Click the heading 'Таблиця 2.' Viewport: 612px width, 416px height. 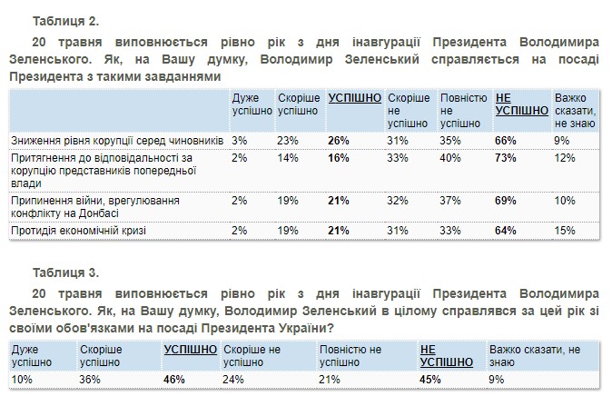click(x=64, y=19)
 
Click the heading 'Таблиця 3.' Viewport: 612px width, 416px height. click(x=64, y=272)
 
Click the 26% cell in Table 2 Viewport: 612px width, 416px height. click(x=338, y=141)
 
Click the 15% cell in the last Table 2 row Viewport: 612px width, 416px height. click(x=565, y=232)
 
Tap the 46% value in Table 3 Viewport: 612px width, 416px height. click(x=173, y=378)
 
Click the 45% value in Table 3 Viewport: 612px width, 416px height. click(x=431, y=378)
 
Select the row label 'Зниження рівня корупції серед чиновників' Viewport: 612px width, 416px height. click(x=114, y=141)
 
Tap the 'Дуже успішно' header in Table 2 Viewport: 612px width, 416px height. click(x=252, y=104)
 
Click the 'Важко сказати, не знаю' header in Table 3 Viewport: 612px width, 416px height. click(x=534, y=354)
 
